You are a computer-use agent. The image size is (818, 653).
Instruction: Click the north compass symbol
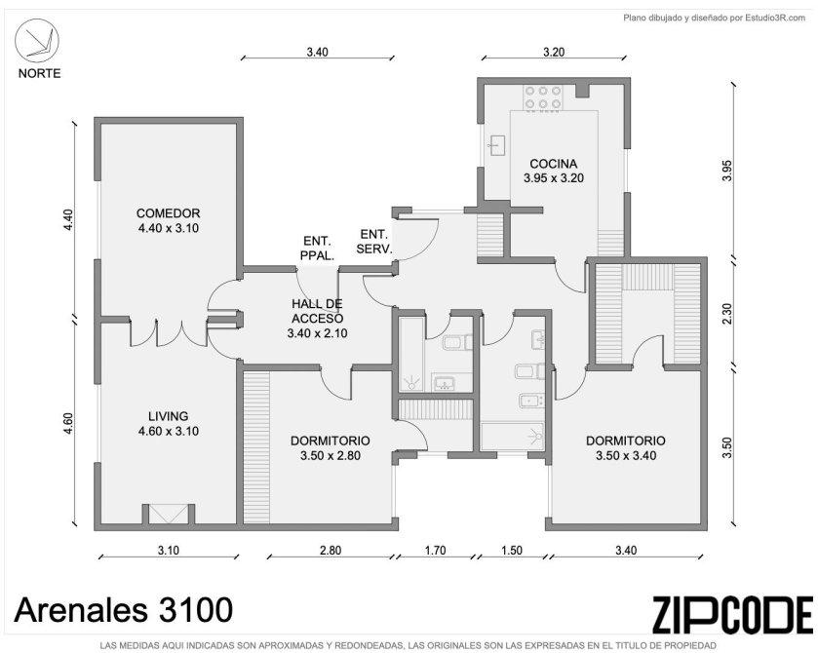click(36, 41)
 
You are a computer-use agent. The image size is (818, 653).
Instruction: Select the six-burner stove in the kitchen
click(544, 97)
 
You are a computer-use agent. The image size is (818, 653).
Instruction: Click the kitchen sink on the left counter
click(496, 145)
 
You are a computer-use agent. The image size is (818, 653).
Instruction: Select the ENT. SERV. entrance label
click(374, 242)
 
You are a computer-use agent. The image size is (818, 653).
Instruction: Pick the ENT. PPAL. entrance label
click(317, 249)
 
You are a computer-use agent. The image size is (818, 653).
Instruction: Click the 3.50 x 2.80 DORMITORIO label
click(331, 448)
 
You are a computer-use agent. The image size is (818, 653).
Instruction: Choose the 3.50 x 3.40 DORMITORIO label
click(626, 448)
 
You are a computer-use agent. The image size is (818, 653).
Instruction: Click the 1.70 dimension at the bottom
click(435, 551)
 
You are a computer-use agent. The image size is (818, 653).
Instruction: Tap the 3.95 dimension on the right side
click(727, 171)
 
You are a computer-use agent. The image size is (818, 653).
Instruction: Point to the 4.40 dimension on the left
click(68, 220)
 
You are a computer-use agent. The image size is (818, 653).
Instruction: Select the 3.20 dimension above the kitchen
click(554, 53)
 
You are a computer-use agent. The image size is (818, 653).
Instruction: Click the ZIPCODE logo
click(732, 615)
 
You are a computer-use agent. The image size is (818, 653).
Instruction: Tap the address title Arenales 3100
click(123, 610)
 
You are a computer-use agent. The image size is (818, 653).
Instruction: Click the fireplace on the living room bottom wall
click(168, 514)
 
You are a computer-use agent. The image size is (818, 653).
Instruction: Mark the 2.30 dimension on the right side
click(727, 314)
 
